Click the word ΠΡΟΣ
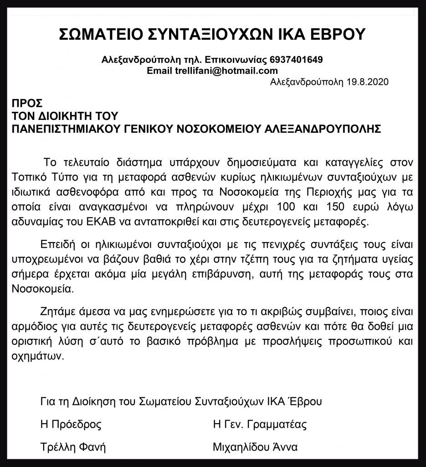(x=28, y=102)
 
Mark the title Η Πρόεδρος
(x=71, y=425)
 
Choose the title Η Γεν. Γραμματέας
(x=260, y=425)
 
